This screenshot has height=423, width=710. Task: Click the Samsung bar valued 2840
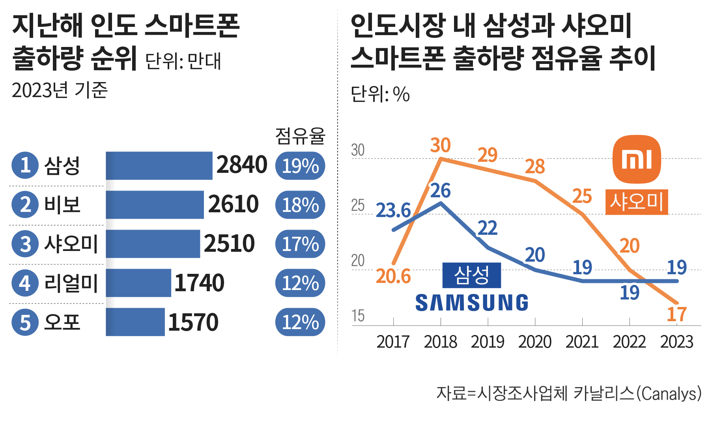[159, 165]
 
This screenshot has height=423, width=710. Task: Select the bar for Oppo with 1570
[135, 322]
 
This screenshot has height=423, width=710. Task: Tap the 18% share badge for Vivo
[300, 205]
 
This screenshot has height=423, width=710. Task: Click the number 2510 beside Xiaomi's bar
[229, 243]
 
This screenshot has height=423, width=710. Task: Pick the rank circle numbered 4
[25, 283]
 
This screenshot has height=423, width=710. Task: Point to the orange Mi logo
[637, 159]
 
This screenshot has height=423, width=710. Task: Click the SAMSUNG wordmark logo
[472, 303]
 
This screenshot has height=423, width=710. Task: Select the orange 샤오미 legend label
[636, 202]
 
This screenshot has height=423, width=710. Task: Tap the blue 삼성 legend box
[472, 275]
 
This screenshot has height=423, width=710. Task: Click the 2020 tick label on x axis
[534, 342]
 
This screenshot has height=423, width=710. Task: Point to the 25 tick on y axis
[358, 206]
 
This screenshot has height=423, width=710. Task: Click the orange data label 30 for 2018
[440, 145]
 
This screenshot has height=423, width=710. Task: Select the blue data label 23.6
[393, 210]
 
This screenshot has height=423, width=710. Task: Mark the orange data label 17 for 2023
[677, 314]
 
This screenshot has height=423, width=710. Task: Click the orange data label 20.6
[393, 276]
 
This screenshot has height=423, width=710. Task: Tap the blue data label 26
[440, 191]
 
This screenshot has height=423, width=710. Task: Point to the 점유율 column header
[300, 136]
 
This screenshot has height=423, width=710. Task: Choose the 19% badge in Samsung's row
[300, 166]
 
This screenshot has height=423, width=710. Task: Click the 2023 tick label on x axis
[676, 342]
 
